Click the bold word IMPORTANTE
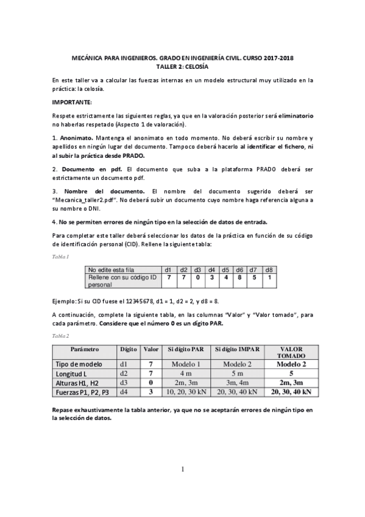point(71,102)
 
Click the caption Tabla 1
point(60,256)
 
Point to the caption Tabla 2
point(60,336)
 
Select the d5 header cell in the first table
point(225,269)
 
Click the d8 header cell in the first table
point(269,269)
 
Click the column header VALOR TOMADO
point(291,352)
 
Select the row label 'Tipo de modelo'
point(78,364)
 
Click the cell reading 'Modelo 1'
point(186,364)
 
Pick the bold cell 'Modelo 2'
point(291,364)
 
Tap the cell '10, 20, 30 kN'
point(186,391)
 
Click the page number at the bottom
point(182,469)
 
